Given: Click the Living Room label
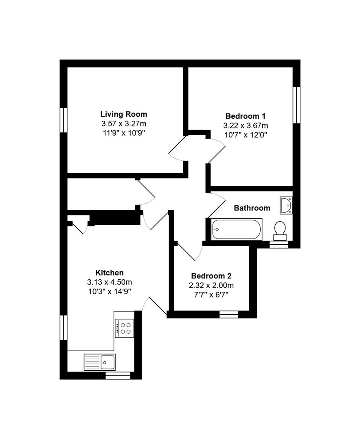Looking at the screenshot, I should tap(123, 114).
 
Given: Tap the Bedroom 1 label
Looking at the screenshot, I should tap(246, 116).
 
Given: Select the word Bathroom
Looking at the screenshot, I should tap(252, 208).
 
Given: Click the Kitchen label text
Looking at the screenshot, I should tap(109, 273).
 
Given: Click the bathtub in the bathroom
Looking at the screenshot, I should tap(236, 229).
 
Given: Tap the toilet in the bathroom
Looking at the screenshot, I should tap(280, 230).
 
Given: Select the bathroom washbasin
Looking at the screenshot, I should tap(286, 205).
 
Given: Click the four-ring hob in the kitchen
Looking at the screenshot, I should tap(124, 328).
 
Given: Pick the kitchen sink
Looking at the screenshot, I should tap(100, 362).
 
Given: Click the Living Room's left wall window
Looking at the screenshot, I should tap(64, 120).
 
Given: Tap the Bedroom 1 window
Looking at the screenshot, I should tap(297, 104).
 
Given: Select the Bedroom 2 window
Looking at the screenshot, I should tap(228, 314).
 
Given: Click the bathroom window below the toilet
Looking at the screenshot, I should tap(279, 244).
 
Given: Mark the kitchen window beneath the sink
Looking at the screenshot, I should tap(118, 375).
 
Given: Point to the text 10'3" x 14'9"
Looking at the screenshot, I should tap(109, 291).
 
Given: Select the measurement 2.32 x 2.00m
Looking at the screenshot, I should tap(211, 285).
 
